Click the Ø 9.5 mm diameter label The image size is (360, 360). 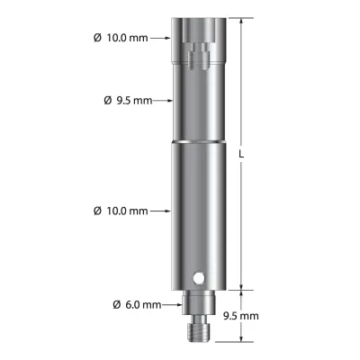click(x=128, y=101)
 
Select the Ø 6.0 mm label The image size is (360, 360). click(x=137, y=305)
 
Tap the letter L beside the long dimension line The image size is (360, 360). click(x=241, y=154)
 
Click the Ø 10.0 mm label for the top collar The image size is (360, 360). click(x=121, y=38)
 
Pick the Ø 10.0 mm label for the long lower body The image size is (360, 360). click(x=121, y=211)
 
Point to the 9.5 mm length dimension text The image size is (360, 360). click(x=241, y=316)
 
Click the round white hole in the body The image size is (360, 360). click(x=198, y=278)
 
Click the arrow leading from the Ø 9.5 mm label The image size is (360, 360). click(x=163, y=101)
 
